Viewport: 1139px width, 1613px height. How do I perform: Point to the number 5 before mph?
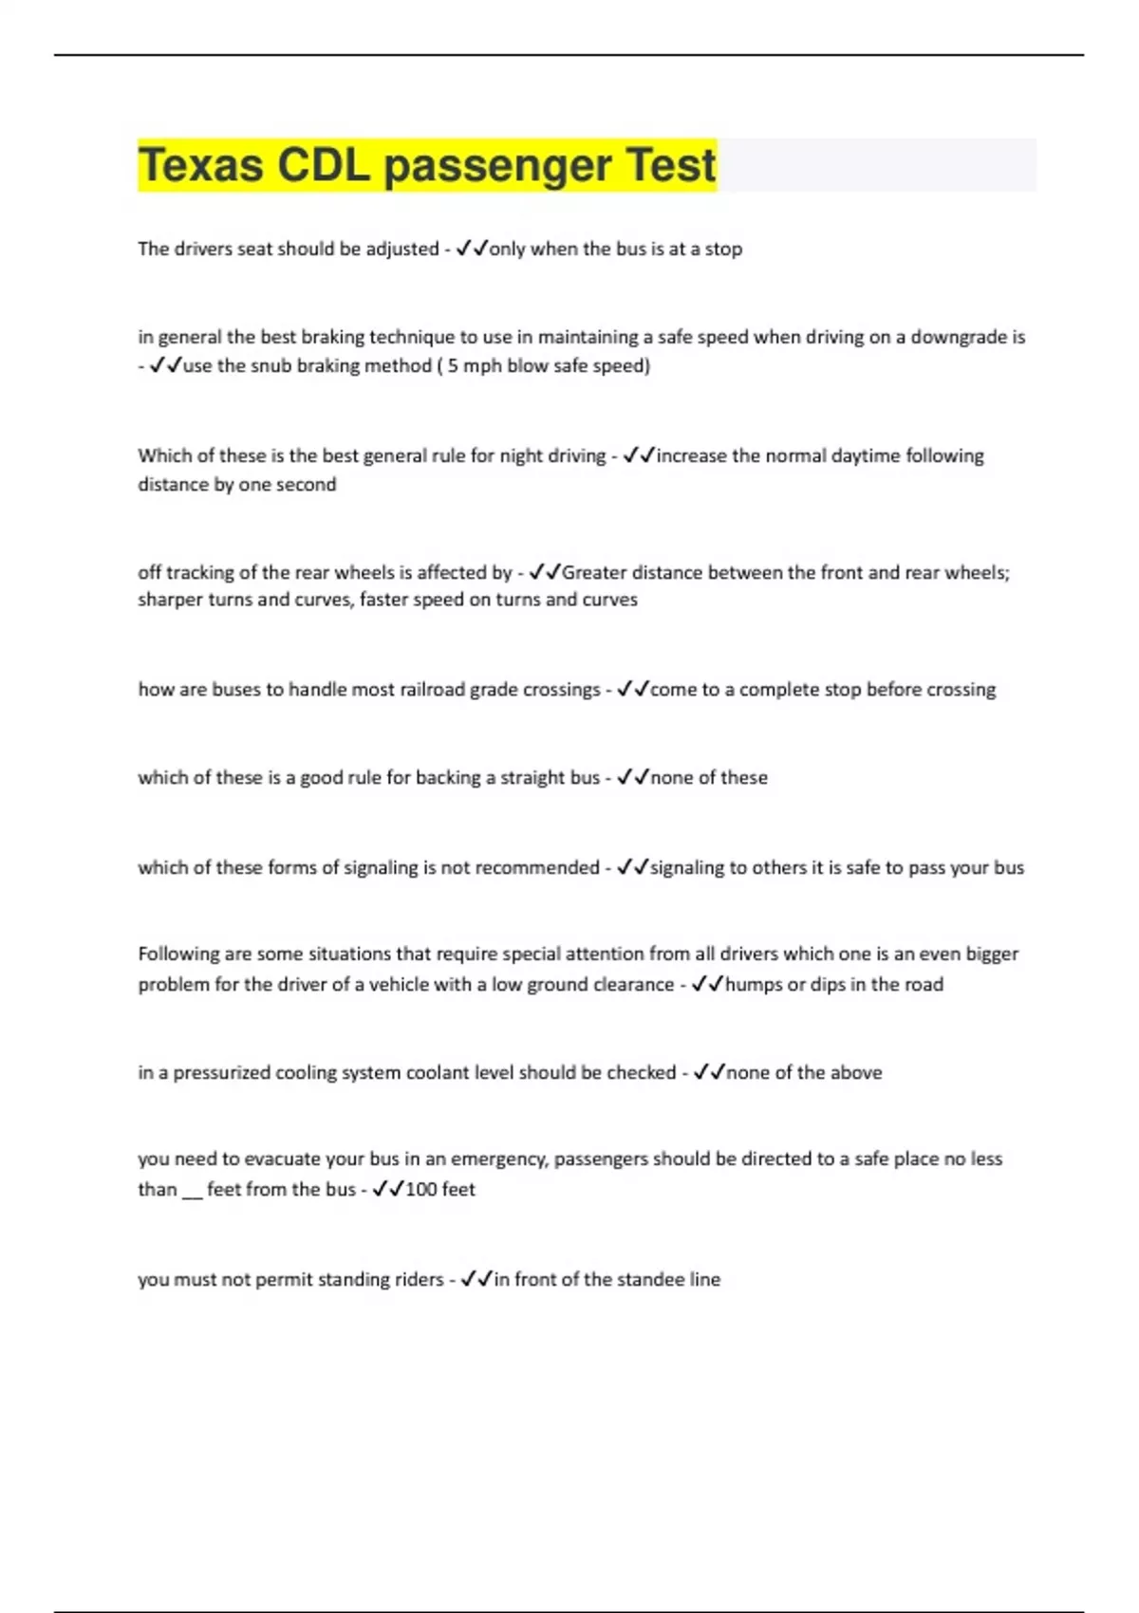(453, 366)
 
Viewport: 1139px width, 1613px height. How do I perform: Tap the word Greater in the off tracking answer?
(593, 572)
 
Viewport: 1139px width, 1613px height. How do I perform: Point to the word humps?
(753, 985)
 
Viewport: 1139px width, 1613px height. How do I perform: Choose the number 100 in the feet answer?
(420, 1190)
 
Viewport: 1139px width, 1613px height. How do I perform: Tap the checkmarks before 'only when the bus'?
(472, 249)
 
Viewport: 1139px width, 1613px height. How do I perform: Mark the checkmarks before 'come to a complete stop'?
(633, 690)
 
